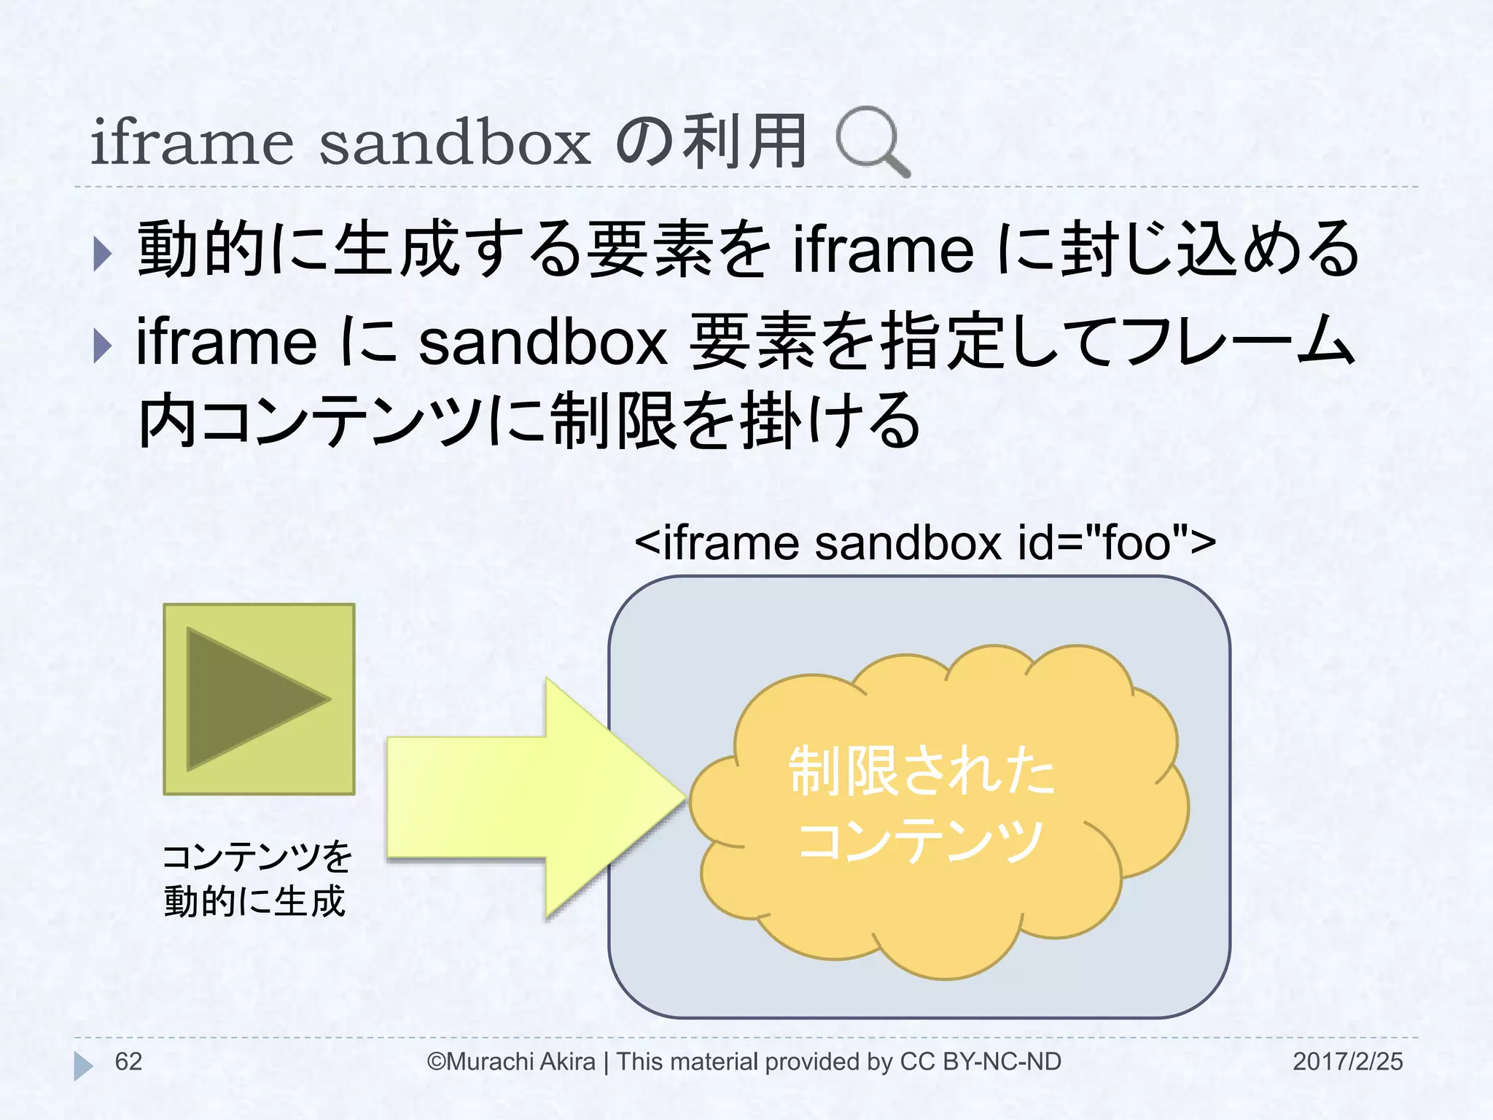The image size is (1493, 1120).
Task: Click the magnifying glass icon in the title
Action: [872, 141]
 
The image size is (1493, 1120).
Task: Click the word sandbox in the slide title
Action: [454, 142]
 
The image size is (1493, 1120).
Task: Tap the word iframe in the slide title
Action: [192, 142]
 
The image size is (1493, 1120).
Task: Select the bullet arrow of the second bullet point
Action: [102, 346]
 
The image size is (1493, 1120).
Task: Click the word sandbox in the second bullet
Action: [543, 343]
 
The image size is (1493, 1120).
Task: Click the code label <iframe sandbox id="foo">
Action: [925, 542]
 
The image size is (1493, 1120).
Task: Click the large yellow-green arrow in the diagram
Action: [532, 798]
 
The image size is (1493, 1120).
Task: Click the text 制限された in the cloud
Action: [921, 771]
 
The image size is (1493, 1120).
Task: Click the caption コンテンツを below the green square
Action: [257, 857]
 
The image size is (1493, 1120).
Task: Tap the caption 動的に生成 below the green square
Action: [254, 901]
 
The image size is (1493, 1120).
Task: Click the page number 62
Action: [128, 1062]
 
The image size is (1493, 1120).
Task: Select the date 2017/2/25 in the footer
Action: [1347, 1062]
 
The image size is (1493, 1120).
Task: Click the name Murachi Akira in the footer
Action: [521, 1062]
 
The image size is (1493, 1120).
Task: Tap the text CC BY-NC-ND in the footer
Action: [981, 1062]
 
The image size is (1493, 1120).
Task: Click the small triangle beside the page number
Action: [82, 1065]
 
